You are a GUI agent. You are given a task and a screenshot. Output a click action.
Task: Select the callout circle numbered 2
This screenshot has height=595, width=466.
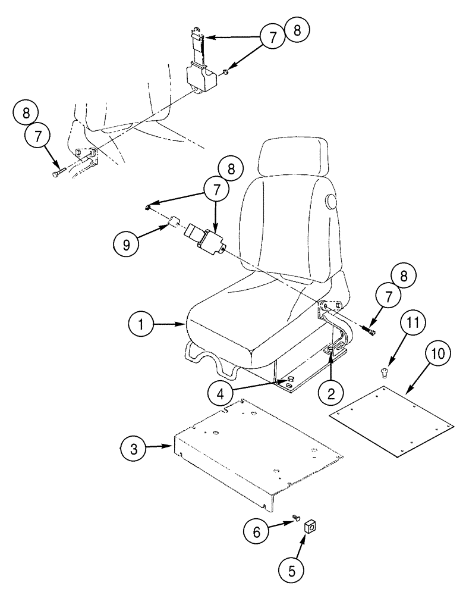(330, 393)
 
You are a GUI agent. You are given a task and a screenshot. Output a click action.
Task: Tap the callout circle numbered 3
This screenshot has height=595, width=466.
(135, 448)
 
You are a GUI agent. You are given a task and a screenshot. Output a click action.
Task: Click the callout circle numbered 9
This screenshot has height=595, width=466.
(127, 244)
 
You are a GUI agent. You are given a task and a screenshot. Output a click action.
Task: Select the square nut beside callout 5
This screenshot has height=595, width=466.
(309, 526)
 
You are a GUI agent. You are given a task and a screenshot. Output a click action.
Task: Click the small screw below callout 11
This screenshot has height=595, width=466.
(383, 372)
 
